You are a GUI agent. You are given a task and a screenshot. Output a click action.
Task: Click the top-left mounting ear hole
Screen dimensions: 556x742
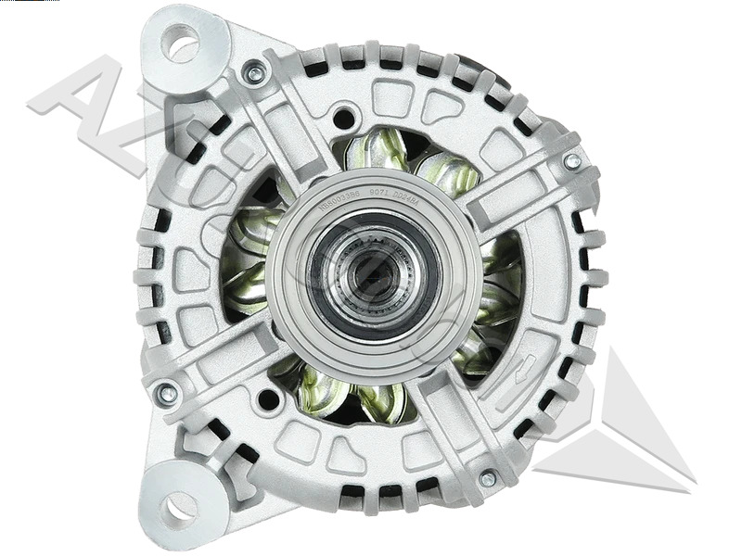pyautogui.click(x=181, y=43)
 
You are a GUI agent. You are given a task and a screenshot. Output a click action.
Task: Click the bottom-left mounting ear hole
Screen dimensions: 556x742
pyautogui.click(x=179, y=505)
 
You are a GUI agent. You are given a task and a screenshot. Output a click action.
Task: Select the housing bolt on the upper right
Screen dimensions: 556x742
pyautogui.click(x=572, y=161)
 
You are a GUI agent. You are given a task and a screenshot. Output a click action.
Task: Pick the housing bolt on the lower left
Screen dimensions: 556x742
pyautogui.click(x=167, y=394)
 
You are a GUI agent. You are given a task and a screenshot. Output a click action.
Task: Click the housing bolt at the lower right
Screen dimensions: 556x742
pyautogui.click(x=488, y=478)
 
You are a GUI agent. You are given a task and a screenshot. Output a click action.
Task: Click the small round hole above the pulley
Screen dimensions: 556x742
pyautogui.click(x=344, y=118)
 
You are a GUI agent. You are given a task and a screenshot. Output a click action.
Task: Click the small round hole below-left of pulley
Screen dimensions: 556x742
pyautogui.click(x=268, y=399)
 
